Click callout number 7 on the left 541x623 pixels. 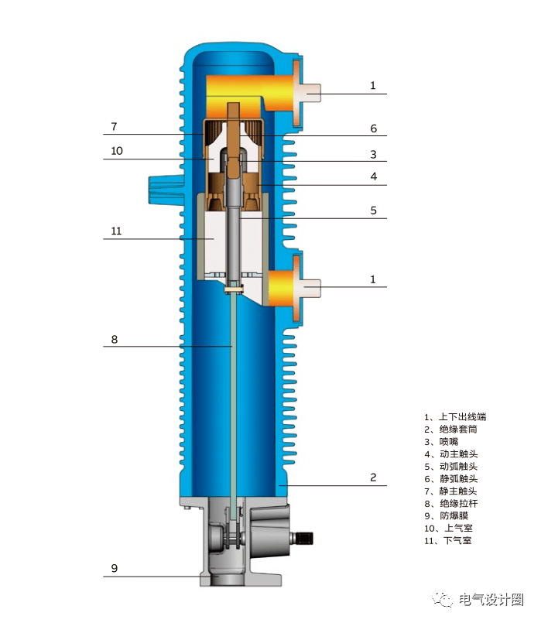114,127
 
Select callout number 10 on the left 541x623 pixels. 117,151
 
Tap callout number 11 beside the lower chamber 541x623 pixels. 116,231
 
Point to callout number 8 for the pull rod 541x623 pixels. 115,340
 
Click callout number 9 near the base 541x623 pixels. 115,569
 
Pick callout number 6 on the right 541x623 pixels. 373,128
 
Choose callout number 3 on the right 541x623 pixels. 373,155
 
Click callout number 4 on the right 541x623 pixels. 373,176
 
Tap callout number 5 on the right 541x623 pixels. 373,211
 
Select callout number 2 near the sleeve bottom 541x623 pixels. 373,478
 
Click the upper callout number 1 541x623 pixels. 372,86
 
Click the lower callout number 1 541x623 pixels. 372,279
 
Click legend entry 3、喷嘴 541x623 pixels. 441,442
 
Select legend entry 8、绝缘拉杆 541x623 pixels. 450,504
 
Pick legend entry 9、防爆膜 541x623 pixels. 446,516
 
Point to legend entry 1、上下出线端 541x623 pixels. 455,417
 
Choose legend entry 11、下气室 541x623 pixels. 448,541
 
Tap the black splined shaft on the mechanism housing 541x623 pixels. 305,539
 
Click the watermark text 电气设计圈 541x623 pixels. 491,600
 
